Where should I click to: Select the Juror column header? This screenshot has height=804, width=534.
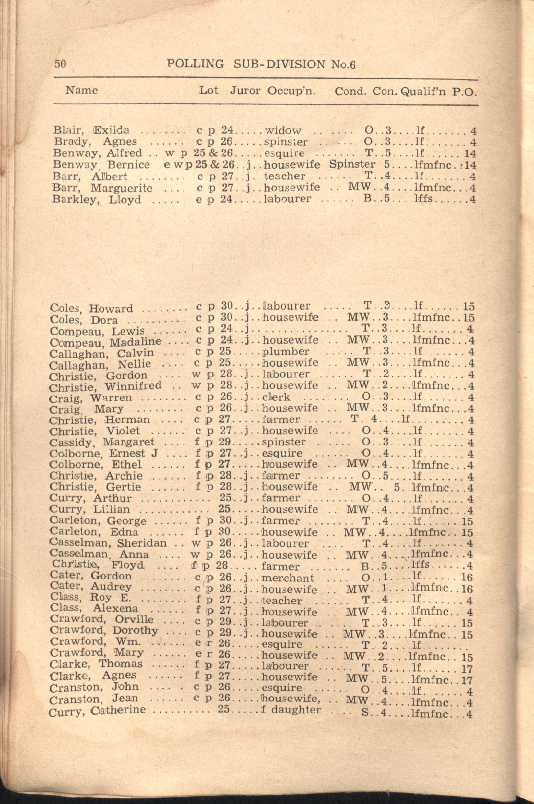point(245,91)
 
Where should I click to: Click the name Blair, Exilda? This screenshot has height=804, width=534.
point(91,130)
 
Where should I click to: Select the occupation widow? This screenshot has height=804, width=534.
point(283,130)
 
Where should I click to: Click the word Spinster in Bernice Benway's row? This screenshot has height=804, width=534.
point(352,164)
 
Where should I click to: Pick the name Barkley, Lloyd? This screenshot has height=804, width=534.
point(96,200)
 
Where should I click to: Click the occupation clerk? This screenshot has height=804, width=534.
point(276,397)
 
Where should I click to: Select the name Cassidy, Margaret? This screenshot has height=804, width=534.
point(101,442)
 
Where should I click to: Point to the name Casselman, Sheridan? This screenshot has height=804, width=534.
point(108,543)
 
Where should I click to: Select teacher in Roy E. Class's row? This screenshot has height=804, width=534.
point(282,601)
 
